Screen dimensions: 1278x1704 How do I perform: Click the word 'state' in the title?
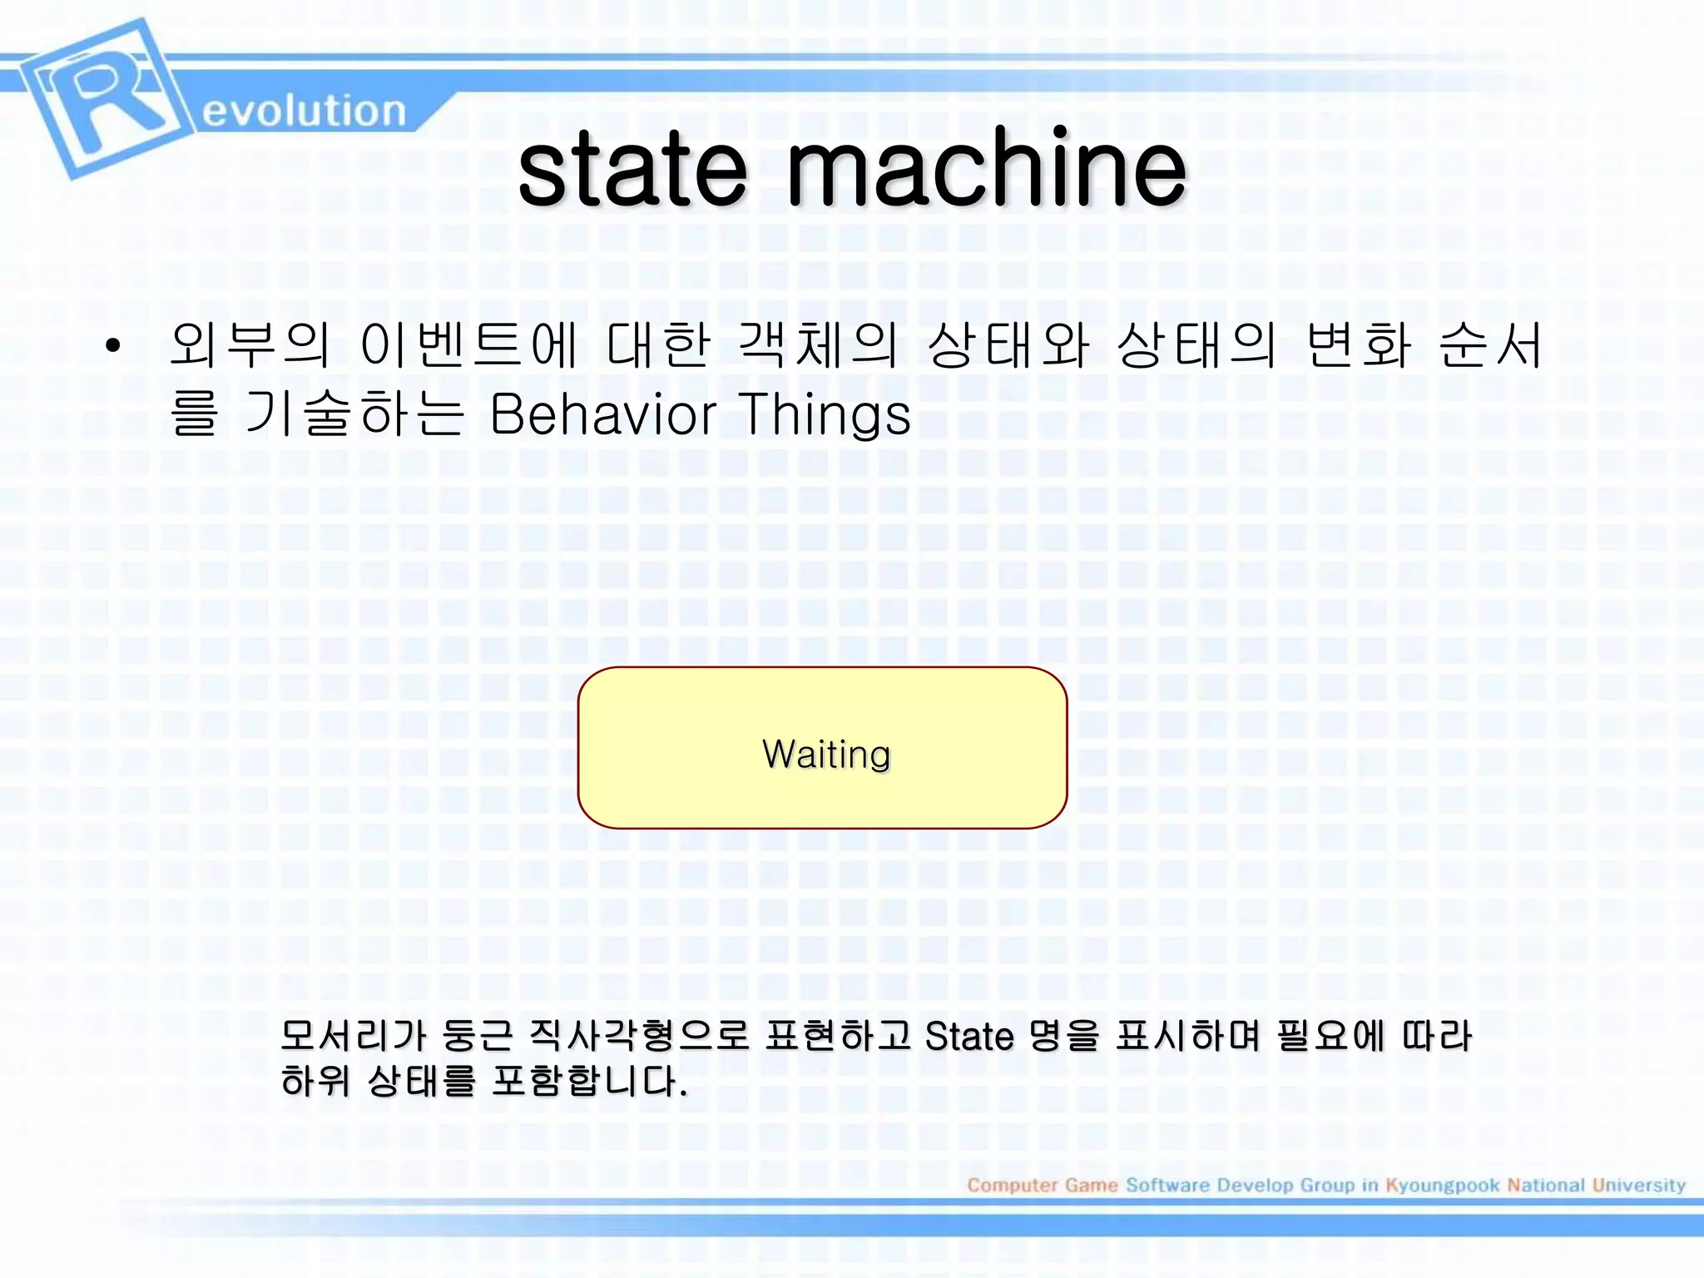[x=632, y=171]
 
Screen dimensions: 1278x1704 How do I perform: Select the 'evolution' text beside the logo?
[x=304, y=111]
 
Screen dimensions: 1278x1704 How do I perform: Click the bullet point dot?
[x=113, y=344]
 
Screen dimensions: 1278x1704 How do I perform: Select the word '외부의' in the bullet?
[x=250, y=344]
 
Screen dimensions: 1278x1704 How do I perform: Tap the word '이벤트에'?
[x=468, y=344]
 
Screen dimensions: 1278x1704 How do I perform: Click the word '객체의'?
[x=818, y=344]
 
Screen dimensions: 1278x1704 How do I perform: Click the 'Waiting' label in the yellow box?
[x=826, y=754]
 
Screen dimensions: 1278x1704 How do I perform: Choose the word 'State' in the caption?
[x=969, y=1037]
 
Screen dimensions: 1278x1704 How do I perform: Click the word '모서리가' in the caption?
[x=354, y=1037]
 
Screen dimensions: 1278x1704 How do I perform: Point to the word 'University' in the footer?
[x=1638, y=1185]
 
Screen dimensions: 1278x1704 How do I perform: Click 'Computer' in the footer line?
[x=1012, y=1185]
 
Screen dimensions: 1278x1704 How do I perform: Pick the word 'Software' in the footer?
[x=1167, y=1185]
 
